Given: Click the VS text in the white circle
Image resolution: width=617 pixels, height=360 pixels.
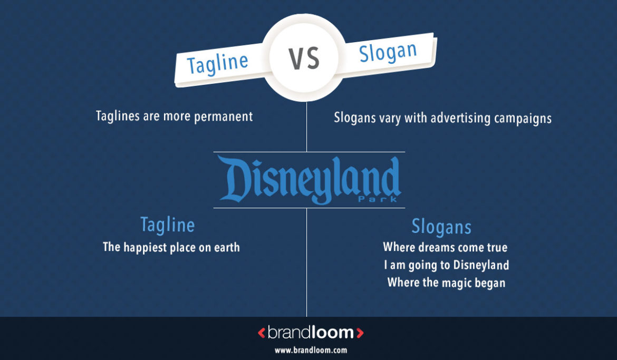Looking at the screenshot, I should (x=305, y=59).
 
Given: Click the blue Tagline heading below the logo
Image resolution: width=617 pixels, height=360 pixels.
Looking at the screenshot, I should (x=168, y=226).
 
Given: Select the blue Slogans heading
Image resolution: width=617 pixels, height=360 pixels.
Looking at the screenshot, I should (x=441, y=227).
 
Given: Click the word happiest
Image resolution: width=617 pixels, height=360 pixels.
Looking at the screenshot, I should (x=145, y=247).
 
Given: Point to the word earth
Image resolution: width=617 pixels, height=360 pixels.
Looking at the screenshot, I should (x=226, y=247).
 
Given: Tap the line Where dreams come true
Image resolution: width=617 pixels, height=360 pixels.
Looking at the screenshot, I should (x=445, y=247).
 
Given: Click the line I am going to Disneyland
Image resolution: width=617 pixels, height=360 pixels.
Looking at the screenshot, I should (x=446, y=265).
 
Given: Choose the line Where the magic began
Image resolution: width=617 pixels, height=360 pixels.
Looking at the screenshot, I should (x=446, y=283).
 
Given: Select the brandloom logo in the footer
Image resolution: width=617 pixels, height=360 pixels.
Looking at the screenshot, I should (x=311, y=333).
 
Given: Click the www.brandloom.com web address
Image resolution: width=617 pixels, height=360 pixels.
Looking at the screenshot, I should (x=311, y=349).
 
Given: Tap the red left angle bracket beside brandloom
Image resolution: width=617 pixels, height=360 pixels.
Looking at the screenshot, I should (x=262, y=333).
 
